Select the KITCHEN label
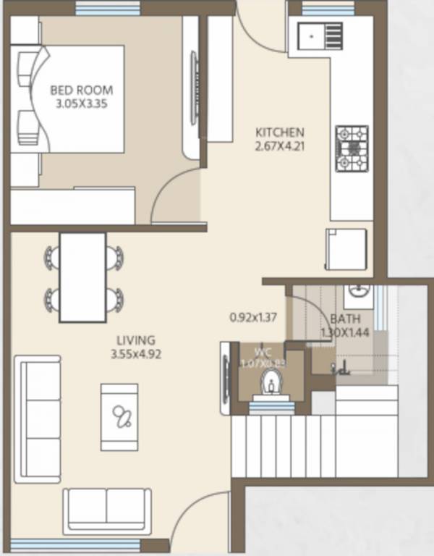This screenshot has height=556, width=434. [x=280, y=132]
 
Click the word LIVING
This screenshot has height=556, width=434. [x=135, y=340]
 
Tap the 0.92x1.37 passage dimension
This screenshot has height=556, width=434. [x=254, y=316]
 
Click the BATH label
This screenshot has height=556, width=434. [x=342, y=319]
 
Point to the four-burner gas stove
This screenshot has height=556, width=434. [x=352, y=148]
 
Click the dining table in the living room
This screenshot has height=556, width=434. [x=82, y=277]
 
